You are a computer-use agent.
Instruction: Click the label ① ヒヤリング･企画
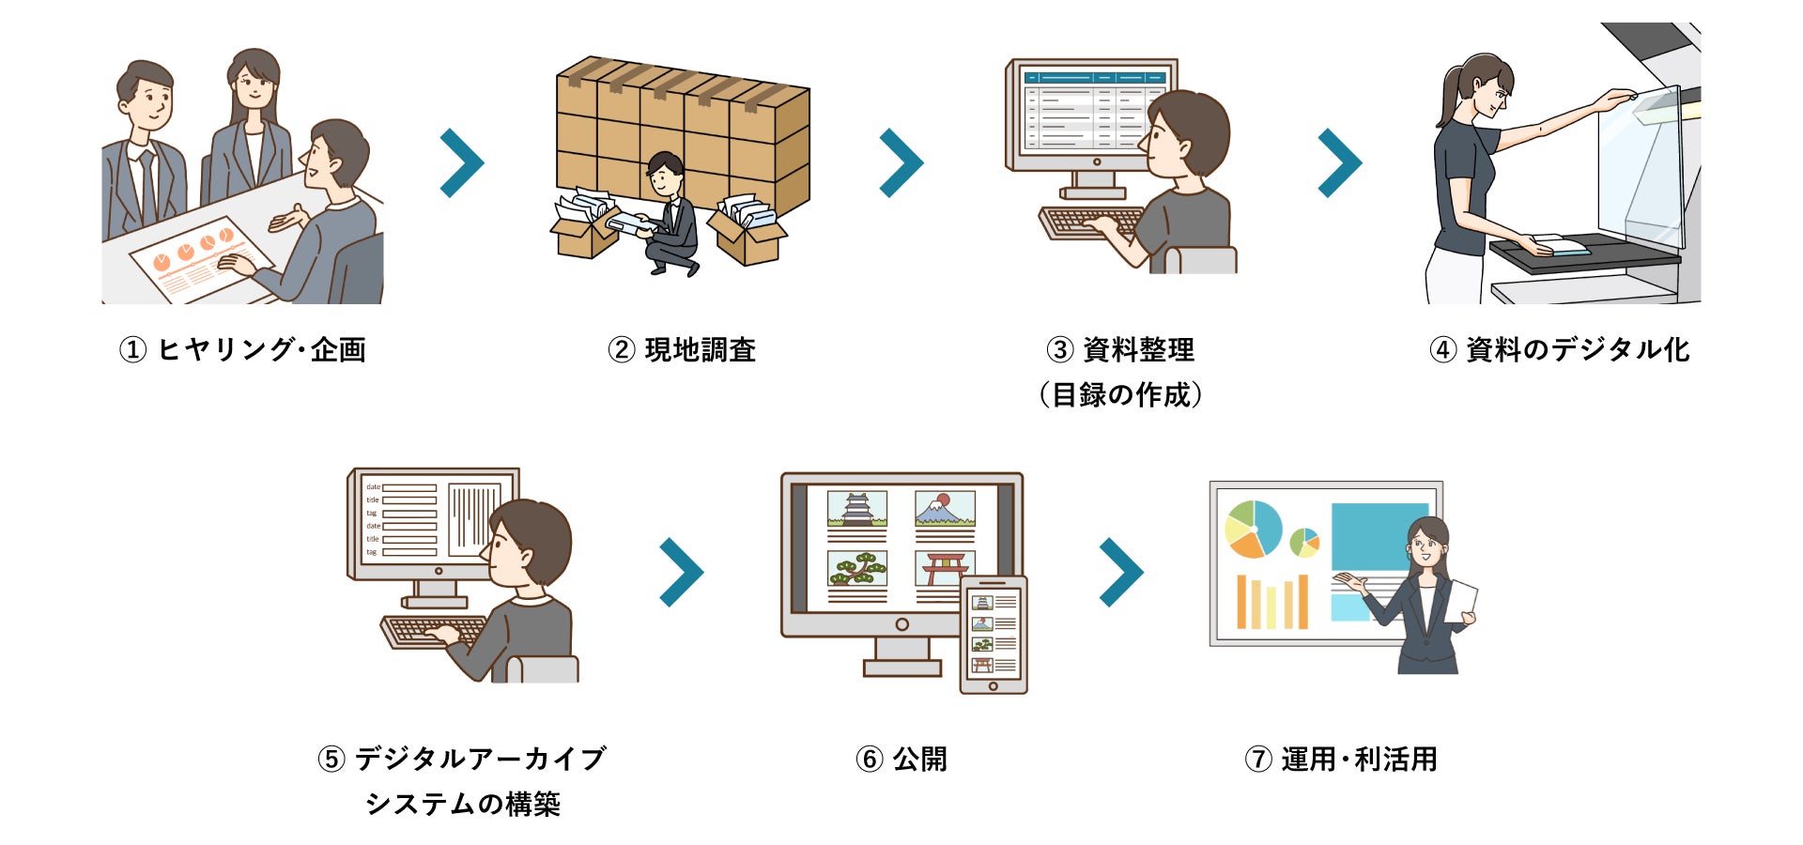(242, 350)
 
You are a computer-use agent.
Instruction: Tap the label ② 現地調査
(682, 350)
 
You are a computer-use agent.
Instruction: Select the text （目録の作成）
(1120, 395)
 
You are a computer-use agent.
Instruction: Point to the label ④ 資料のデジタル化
(1559, 350)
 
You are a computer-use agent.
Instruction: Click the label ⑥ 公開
(901, 759)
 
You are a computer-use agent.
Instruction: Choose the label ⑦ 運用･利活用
(1340, 759)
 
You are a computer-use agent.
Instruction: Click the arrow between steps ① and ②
(462, 162)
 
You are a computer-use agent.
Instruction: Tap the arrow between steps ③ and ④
(1340, 162)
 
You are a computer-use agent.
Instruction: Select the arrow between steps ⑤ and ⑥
(682, 572)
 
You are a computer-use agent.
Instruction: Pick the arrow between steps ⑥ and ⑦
(1121, 572)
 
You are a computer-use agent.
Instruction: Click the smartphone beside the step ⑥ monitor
(994, 635)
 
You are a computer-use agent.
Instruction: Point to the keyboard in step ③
(1089, 223)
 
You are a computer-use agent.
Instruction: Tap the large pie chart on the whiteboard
(1254, 529)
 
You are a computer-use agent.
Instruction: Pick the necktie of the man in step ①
(147, 188)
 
